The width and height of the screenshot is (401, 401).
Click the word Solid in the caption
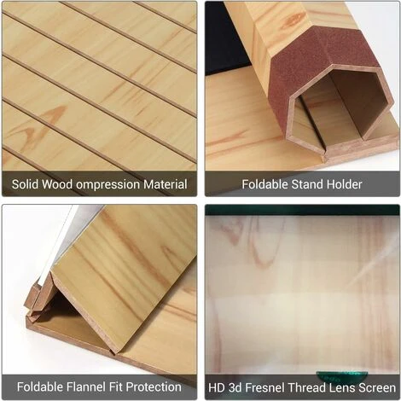click(x=25, y=184)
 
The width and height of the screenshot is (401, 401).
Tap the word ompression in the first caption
click(x=108, y=185)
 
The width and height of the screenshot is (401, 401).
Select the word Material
click(x=166, y=184)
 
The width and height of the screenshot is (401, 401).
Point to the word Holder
click(x=344, y=184)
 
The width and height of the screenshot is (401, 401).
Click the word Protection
click(x=154, y=386)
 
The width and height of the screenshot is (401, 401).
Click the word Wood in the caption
click(x=57, y=184)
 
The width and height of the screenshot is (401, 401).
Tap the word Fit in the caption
click(x=115, y=386)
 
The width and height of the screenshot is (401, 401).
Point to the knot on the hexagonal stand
click(x=293, y=19)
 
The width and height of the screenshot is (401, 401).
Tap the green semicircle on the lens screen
click(x=342, y=376)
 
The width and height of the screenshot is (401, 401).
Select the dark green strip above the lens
click(x=302, y=210)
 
